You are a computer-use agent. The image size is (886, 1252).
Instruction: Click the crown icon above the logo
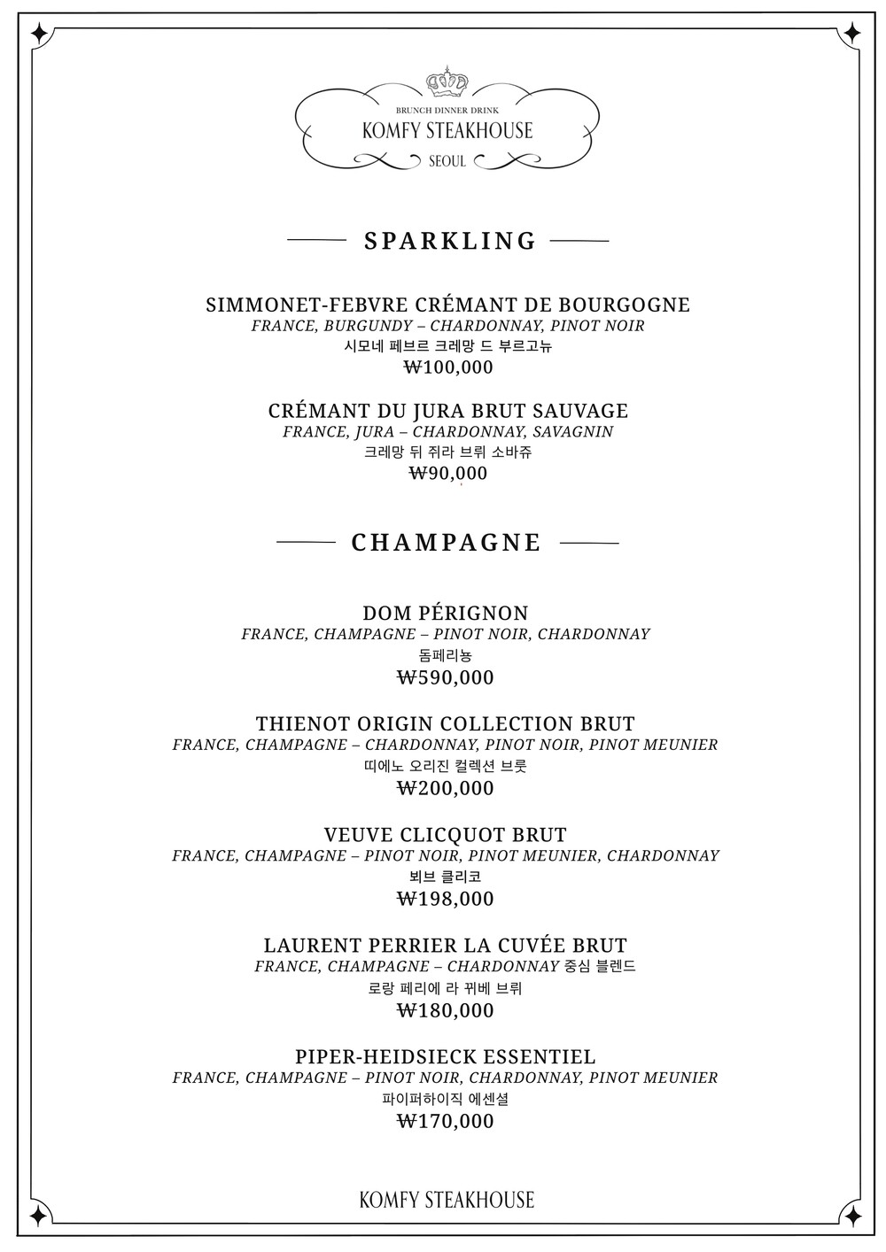(447, 81)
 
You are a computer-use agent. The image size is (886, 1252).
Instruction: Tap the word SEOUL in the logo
(447, 162)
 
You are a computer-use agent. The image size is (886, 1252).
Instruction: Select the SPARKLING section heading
(450, 241)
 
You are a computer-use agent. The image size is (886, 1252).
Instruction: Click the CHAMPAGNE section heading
(447, 543)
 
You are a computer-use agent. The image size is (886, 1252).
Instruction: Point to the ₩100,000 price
(448, 367)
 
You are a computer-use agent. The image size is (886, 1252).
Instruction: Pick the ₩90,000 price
(448, 474)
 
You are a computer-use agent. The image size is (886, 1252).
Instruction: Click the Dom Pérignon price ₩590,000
(445, 678)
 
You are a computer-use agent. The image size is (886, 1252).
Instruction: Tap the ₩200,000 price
(445, 788)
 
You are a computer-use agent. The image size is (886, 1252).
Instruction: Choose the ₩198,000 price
(445, 899)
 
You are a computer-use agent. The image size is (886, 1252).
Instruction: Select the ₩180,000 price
(445, 1010)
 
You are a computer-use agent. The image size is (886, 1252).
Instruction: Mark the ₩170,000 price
(445, 1122)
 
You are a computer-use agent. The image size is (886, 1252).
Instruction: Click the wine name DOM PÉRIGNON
(446, 613)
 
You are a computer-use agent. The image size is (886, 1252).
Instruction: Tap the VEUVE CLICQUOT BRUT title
(446, 834)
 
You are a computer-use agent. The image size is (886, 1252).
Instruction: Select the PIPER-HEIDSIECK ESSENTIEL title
(446, 1056)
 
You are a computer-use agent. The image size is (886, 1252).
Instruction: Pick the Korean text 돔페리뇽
(445, 656)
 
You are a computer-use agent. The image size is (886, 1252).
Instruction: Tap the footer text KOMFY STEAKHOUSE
(447, 1200)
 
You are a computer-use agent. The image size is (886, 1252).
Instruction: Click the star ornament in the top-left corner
(39, 34)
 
